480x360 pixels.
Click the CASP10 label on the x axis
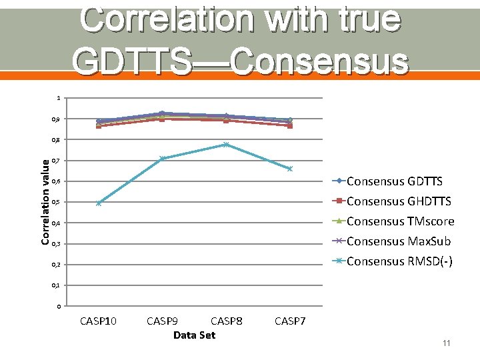(98, 321)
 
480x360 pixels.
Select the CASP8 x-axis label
(226, 321)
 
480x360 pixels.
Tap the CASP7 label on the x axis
(290, 321)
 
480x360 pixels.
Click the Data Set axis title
(194, 335)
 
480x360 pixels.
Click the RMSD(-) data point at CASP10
(99, 203)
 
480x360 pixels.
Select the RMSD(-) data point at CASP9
(162, 159)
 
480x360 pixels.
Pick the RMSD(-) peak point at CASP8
(226, 145)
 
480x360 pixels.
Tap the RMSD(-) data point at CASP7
(290, 169)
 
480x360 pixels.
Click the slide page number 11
(446, 343)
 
